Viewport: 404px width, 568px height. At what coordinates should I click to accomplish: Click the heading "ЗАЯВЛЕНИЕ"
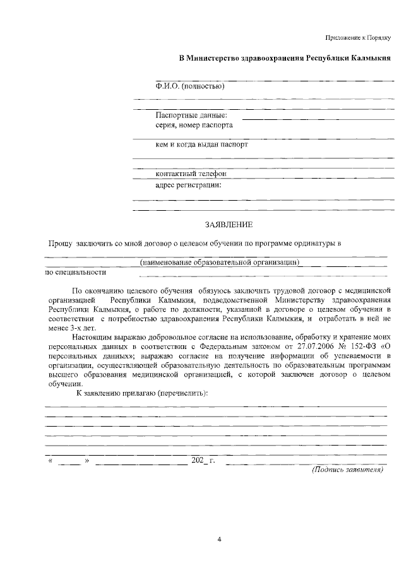(x=229, y=224)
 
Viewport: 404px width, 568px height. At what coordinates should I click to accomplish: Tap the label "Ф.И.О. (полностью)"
(x=190, y=86)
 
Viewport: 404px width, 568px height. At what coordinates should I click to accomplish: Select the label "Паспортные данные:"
(x=192, y=115)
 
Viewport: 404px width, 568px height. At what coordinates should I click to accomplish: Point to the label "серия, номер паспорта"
(x=194, y=125)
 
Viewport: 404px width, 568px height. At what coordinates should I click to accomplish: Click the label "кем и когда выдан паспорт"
(x=201, y=144)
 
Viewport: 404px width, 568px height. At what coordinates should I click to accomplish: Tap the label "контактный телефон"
(x=191, y=173)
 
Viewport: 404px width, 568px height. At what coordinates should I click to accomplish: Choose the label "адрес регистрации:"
(x=188, y=185)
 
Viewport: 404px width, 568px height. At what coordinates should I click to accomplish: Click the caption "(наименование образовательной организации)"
(x=219, y=262)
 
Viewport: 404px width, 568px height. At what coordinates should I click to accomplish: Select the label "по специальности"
(x=75, y=273)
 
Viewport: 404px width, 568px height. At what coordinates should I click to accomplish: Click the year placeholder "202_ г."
(x=203, y=461)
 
